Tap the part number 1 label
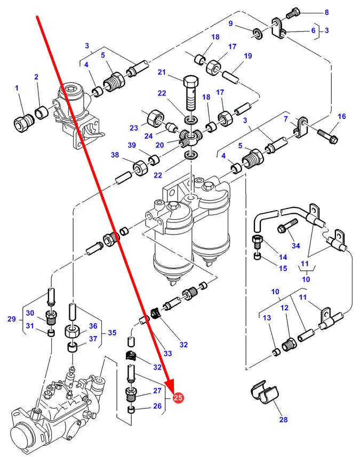click(17, 88)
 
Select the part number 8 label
click(326, 12)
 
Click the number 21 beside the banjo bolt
click(162, 73)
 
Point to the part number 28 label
click(283, 420)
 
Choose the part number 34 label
click(296, 246)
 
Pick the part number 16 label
click(342, 116)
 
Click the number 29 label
click(12, 319)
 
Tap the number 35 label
click(112, 333)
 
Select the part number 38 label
click(115, 155)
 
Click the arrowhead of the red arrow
click(172, 389)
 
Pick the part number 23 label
click(133, 128)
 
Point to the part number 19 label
click(248, 56)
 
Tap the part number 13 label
click(267, 318)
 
